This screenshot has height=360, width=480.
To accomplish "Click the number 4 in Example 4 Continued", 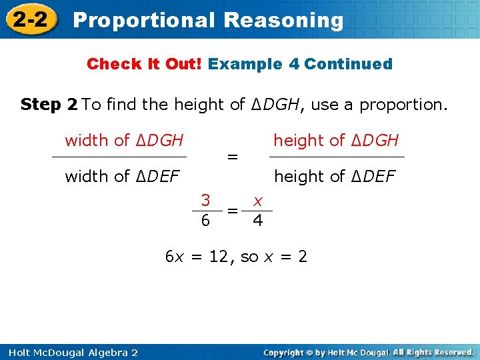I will point(294,65).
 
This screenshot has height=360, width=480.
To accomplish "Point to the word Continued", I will point(349,65).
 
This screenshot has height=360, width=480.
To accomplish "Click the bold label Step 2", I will point(49,105).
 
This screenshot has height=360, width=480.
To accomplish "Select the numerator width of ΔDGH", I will point(124,141).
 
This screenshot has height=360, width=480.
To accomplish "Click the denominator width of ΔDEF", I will point(122,177).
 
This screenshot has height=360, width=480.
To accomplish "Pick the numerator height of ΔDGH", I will point(336,141).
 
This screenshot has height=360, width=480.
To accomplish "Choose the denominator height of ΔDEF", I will point(335,177).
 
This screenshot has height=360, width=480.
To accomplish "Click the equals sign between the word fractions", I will point(232,157).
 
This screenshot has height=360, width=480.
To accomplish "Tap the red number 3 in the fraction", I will point(207,200).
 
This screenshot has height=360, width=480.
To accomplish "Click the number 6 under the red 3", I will point(207,220).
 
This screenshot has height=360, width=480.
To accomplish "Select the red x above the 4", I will point(257,200).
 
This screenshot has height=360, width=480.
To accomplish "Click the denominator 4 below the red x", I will point(257,220).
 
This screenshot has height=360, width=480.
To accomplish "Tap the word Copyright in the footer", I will point(285,352).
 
